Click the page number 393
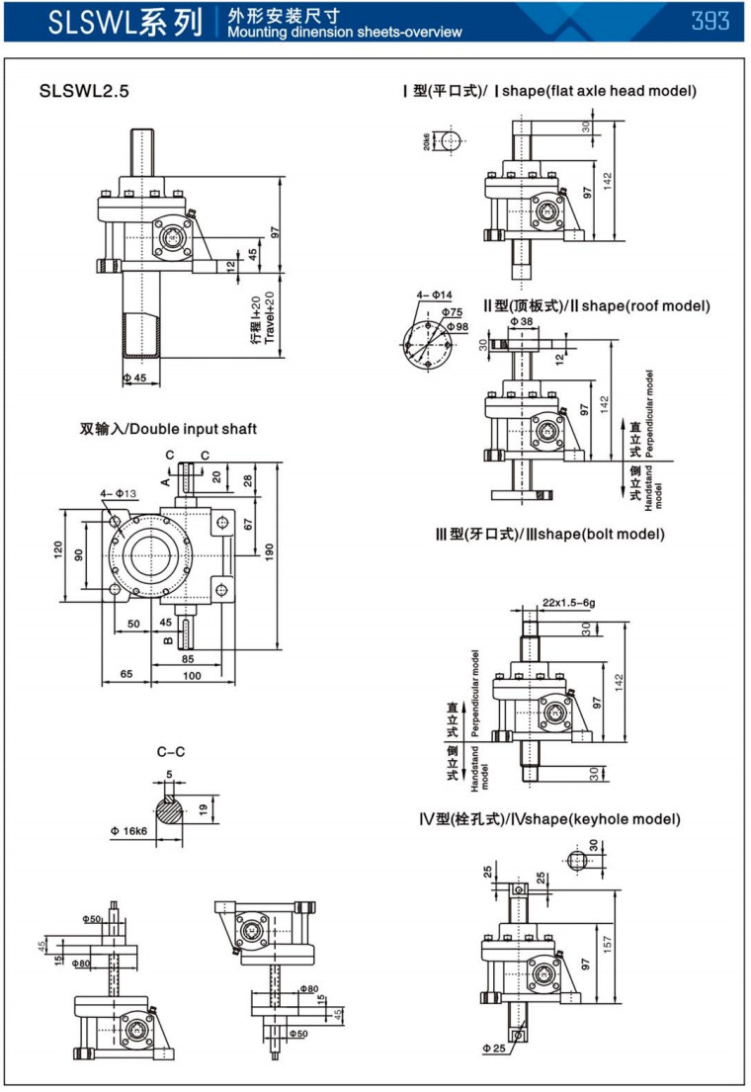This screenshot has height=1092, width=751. tap(710, 21)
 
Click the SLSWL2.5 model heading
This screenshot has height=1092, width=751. tap(84, 92)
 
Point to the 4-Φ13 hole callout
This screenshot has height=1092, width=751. tap(118, 493)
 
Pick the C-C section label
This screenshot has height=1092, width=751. tap(171, 753)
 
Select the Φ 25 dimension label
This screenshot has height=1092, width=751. tap(495, 1047)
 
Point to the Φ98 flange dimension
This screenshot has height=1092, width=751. tap(457, 326)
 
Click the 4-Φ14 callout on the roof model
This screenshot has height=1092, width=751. tap(434, 295)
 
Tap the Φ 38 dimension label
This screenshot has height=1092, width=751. tap(521, 322)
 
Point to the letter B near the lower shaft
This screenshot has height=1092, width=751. tap(167, 639)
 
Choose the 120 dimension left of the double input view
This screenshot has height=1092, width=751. tap(58, 549)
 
